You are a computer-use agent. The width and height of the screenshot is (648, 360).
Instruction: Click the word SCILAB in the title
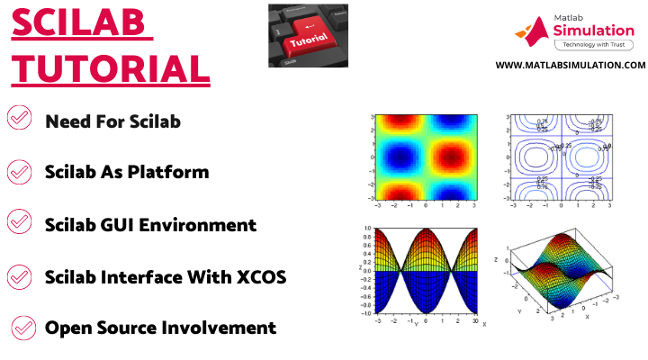(80, 24)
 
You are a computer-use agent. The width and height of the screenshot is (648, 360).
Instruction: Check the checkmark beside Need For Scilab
(19, 118)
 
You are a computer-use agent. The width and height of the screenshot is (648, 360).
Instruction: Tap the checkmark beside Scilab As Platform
(19, 171)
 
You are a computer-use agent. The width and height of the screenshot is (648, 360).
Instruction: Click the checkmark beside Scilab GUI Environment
(19, 223)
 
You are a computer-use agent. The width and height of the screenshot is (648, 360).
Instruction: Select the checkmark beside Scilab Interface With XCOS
(19, 274)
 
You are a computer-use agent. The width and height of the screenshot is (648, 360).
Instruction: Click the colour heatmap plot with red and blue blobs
(426, 157)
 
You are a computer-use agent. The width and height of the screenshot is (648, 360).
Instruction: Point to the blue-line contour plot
(559, 157)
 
